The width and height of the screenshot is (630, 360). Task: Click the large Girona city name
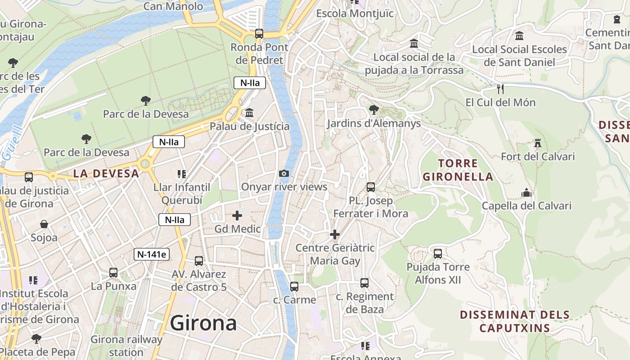click(203, 323)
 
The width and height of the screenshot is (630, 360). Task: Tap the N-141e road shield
click(152, 254)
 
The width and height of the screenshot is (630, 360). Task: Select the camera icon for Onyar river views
click(284, 174)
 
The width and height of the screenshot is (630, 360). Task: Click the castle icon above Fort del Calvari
click(537, 144)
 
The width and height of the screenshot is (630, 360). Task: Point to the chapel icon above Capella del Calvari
click(526, 193)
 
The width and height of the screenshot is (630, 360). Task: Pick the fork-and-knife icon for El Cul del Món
click(500, 89)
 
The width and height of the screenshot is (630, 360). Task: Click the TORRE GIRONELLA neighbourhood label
click(458, 170)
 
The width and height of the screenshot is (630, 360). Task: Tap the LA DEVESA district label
click(106, 173)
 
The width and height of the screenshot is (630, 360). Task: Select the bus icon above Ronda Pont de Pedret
click(259, 34)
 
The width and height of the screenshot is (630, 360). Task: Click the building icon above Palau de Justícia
click(249, 112)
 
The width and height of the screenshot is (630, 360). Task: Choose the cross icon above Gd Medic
click(237, 216)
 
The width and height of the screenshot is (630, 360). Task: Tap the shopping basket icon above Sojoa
click(44, 224)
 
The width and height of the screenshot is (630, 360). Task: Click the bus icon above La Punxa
click(113, 272)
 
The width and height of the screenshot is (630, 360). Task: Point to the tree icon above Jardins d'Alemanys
click(373, 109)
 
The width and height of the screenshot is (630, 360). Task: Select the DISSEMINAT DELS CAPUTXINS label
click(515, 321)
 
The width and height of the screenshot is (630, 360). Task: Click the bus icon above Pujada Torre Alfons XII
click(438, 253)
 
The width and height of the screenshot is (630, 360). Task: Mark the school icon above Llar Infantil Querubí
click(182, 174)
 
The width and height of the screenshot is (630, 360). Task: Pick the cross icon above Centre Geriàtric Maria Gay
click(335, 234)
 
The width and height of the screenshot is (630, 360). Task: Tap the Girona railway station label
click(126, 346)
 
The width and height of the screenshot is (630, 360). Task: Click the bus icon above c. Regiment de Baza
click(364, 283)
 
